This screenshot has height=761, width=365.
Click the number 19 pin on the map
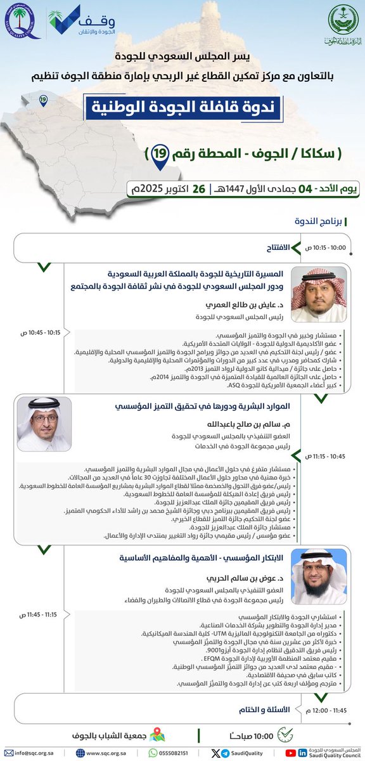coord(42,100)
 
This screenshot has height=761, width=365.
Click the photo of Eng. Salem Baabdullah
coord(44,424)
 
